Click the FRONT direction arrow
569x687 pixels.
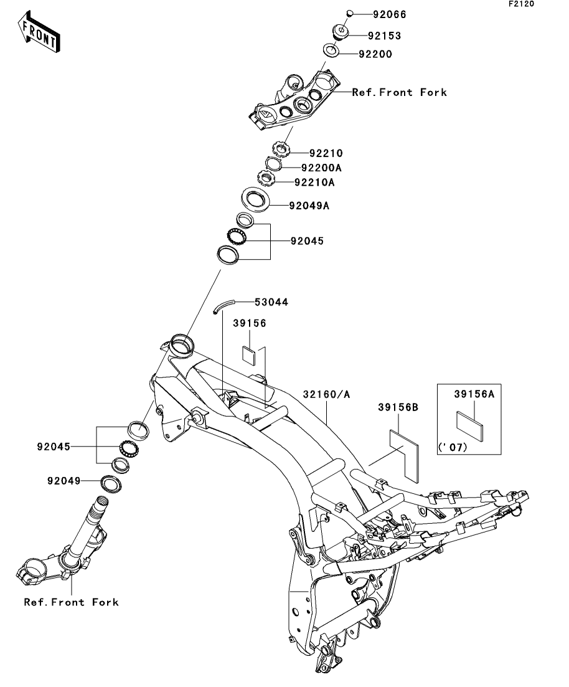point(39,32)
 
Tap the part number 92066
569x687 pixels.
point(390,14)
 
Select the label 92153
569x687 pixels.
point(384,36)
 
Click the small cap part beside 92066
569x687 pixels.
point(350,14)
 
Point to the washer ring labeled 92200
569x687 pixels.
point(332,49)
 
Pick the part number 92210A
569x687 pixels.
point(314,182)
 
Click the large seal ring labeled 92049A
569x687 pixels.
point(256,200)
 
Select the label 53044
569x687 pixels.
point(271,302)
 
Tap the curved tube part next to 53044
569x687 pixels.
point(223,305)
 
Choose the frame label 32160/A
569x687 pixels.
point(326,394)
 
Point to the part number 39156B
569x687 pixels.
point(398,407)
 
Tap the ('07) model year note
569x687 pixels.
point(453,447)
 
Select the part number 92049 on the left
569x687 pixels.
point(64,481)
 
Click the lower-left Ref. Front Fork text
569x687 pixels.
point(71,602)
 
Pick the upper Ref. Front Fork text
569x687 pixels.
point(400,92)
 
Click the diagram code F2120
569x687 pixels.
point(521,4)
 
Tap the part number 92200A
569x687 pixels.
point(321,168)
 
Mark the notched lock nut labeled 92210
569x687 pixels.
point(281,149)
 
